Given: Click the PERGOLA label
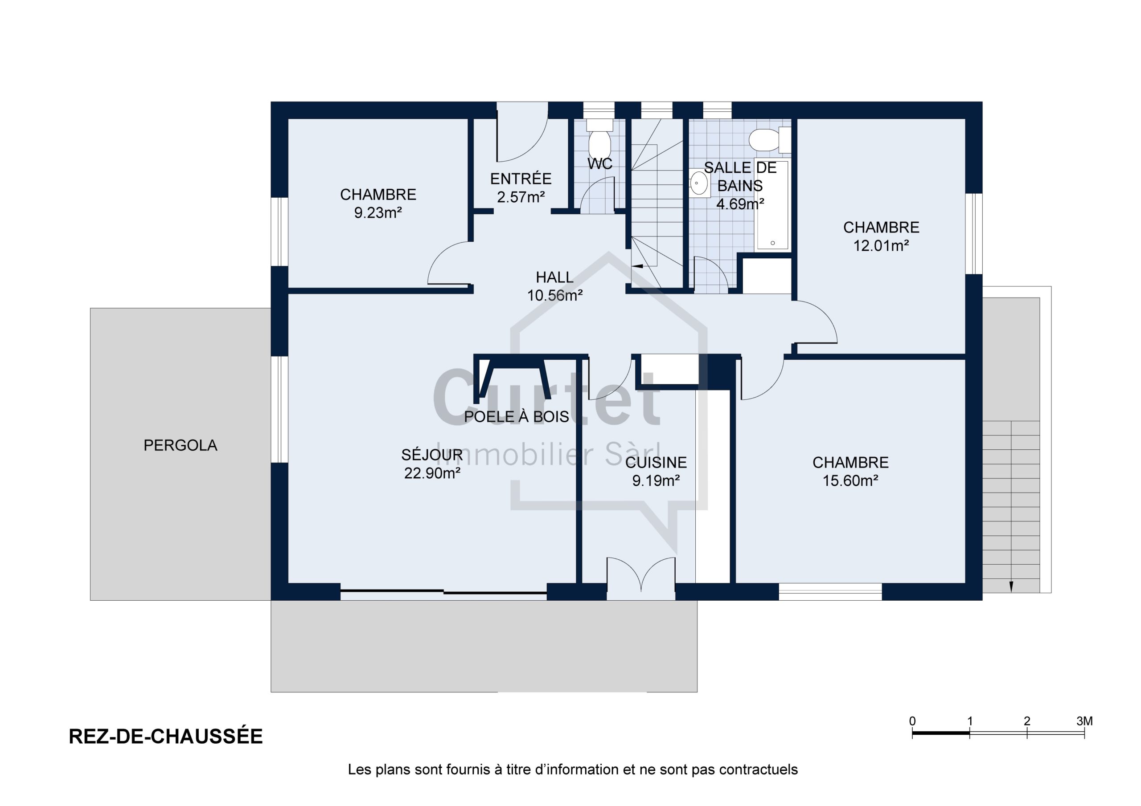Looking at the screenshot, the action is point(181,445).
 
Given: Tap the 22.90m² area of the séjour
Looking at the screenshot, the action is point(432,473).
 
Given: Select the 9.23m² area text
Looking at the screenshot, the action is point(378,213).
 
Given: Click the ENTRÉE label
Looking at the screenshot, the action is point(521,179).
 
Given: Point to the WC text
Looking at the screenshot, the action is point(600,164).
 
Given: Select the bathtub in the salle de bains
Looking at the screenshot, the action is point(772,204).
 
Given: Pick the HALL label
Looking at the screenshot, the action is point(554,277).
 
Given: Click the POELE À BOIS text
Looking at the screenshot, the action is point(516,417).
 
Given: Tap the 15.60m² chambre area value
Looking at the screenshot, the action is point(850,481).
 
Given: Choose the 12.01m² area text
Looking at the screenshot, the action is point(881,246).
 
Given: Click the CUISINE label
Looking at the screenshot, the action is point(656,463).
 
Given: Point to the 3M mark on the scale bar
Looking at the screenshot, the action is point(1084,721).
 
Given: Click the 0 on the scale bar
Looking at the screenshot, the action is point(912,721).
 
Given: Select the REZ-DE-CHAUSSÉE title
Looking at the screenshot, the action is point(165,737).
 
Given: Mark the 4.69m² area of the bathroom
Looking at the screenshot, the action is point(740,204).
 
